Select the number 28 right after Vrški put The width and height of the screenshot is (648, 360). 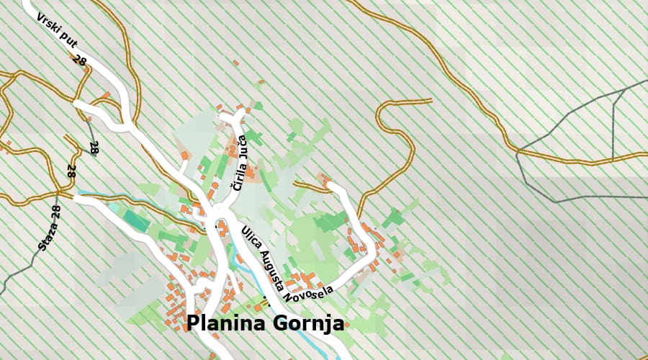(80, 61)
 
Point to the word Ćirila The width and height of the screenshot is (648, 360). (237, 176)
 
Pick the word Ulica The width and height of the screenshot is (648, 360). (251, 238)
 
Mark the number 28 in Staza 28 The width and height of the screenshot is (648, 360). (56, 212)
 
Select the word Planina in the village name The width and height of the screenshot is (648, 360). (228, 324)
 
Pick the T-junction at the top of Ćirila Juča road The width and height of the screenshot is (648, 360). (238, 115)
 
